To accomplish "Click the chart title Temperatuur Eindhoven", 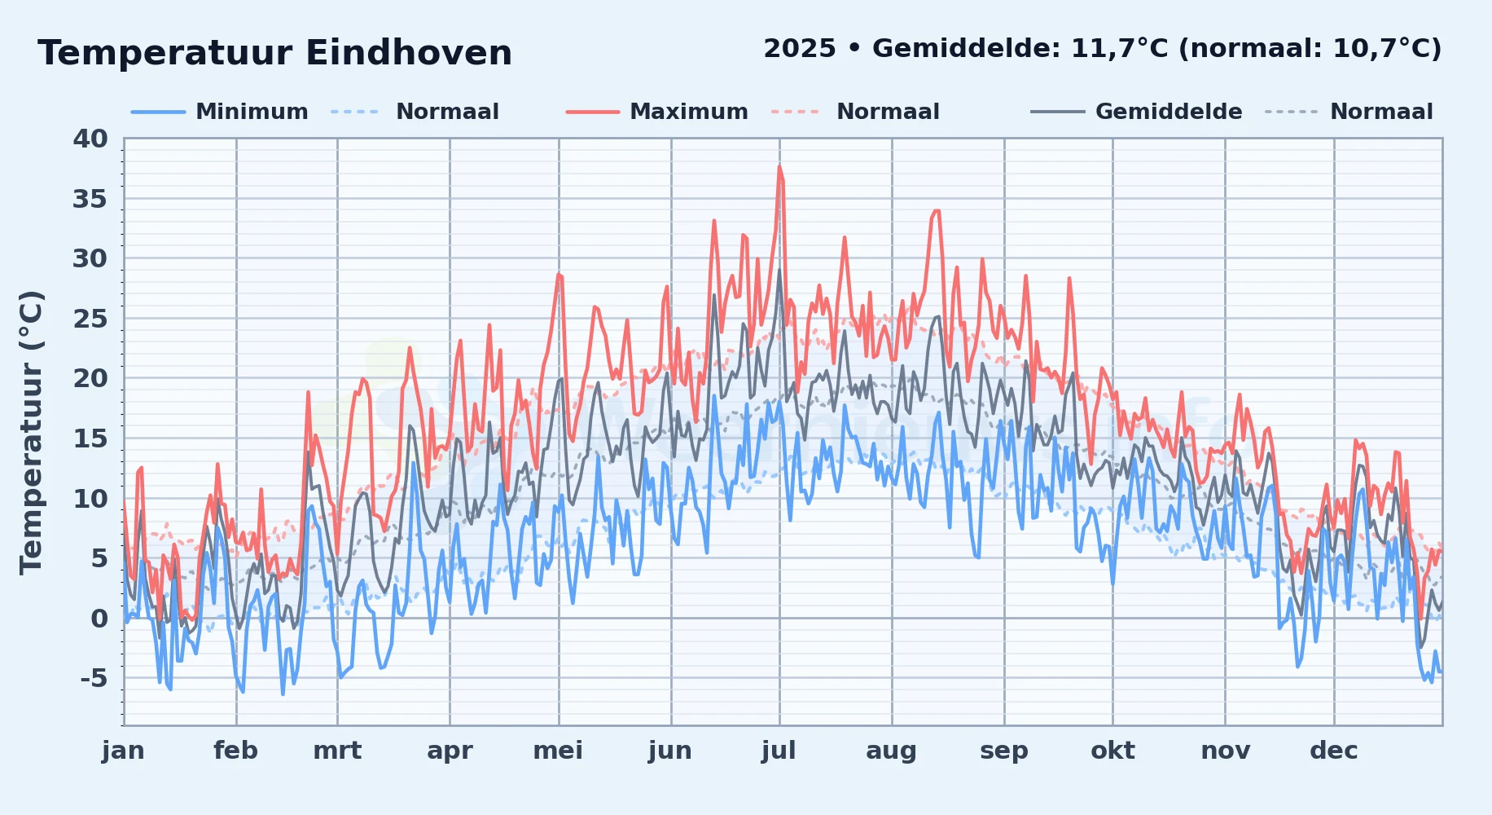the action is (274, 53).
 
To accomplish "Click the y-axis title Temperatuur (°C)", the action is (32, 432).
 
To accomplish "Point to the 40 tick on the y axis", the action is (90, 139).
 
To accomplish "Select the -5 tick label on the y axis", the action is (94, 678).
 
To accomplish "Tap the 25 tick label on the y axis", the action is (90, 319).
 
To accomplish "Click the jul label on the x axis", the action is (779, 751).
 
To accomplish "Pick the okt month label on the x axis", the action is (1112, 751).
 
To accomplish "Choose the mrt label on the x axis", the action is (337, 751).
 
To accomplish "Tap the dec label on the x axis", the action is (1334, 751).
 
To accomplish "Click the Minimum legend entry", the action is (252, 112).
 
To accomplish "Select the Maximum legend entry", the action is (689, 112).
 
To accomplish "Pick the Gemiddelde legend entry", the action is (1169, 112).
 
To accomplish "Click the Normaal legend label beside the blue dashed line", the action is (447, 112).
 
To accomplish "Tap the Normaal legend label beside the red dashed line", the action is (888, 112).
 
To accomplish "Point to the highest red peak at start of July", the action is (779, 167).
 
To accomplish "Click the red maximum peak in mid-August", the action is (936, 211).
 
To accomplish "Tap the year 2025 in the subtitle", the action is (800, 49).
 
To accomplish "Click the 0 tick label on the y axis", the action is (99, 619).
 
